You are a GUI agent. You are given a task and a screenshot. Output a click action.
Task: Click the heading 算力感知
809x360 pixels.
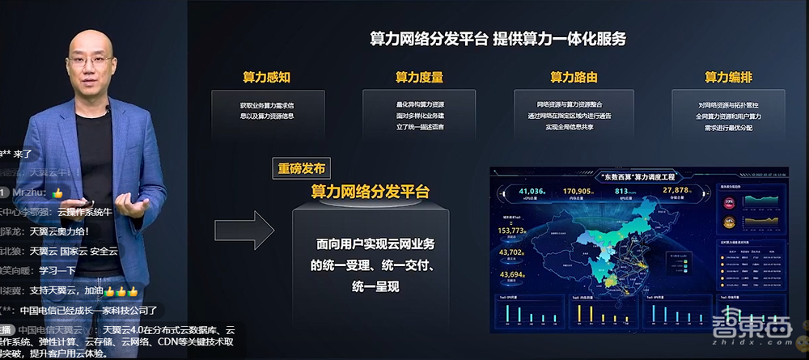(x=266, y=78)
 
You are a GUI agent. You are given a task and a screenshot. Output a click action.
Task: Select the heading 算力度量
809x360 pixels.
(x=419, y=78)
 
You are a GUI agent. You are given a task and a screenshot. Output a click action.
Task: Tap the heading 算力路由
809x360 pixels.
(x=574, y=78)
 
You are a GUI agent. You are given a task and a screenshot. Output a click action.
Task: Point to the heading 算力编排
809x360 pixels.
(x=728, y=78)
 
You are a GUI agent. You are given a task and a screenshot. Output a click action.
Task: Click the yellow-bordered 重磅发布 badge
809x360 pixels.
(x=301, y=169)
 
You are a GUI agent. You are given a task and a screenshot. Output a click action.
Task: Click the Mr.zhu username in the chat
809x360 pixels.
(x=31, y=193)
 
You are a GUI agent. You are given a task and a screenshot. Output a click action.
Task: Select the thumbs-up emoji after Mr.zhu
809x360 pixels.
(x=57, y=193)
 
